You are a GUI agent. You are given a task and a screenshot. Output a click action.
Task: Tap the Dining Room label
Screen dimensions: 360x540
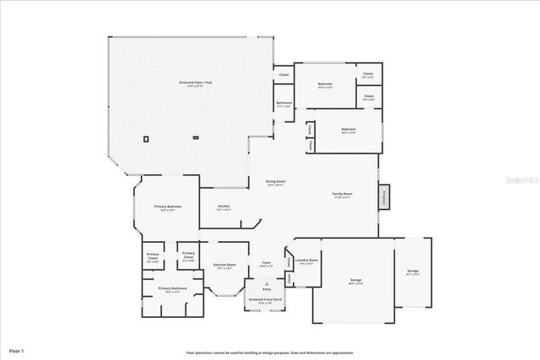[275, 182]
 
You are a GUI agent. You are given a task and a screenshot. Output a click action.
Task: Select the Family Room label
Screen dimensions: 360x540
[342, 195]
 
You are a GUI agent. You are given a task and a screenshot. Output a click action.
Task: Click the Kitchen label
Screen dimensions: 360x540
[224, 207]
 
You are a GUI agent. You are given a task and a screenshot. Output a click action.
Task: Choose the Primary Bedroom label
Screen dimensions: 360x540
[167, 207]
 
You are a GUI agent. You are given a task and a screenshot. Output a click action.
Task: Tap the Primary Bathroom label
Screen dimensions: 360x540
[173, 289]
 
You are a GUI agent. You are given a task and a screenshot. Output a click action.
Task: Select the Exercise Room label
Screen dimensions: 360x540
[224, 266]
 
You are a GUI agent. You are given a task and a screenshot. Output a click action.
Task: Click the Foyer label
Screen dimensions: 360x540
[266, 263]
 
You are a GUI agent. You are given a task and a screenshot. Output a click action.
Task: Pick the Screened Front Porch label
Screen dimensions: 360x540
[266, 299]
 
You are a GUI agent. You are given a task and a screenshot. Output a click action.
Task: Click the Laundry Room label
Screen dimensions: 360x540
[308, 261]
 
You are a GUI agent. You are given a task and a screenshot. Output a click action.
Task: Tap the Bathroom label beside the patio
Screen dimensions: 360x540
[283, 104]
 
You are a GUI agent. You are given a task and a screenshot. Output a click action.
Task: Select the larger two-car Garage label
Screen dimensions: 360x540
[355, 280]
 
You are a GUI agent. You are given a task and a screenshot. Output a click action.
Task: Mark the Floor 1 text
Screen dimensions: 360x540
[16, 349]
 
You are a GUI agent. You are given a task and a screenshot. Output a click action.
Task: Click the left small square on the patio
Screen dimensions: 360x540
[146, 137]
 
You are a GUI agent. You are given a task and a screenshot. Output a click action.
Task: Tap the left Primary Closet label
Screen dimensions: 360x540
[153, 256]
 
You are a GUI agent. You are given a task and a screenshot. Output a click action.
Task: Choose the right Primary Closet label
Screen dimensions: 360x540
[188, 256]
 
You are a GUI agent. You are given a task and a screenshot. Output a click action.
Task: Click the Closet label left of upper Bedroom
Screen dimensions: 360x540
[283, 76]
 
